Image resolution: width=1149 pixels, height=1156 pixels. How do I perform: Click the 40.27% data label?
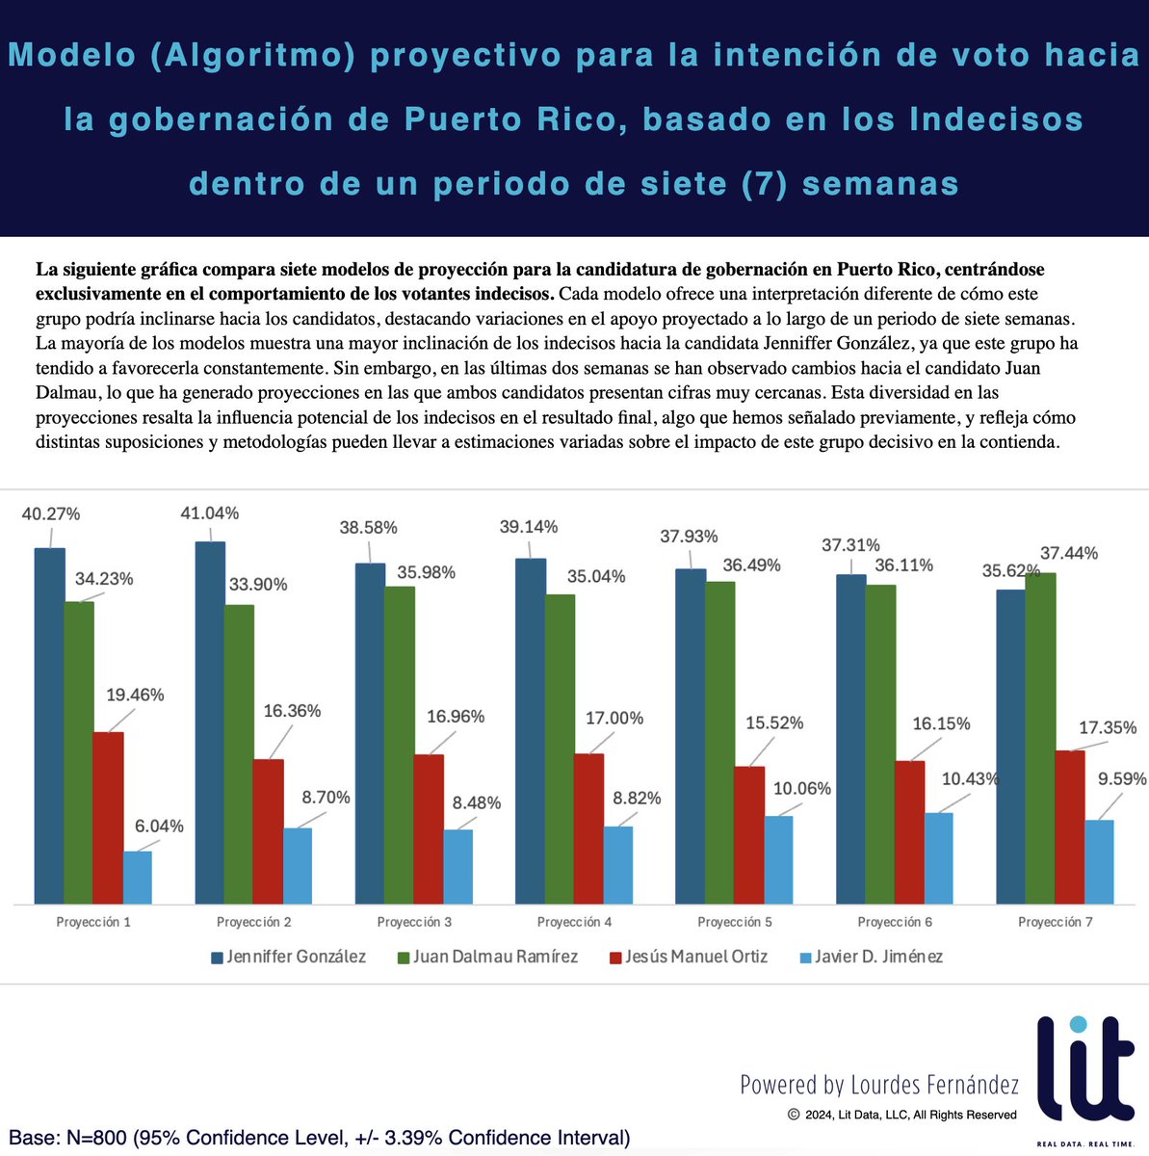(51, 513)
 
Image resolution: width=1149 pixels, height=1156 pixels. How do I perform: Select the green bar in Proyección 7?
(1040, 737)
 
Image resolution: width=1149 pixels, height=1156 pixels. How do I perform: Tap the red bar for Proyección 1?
(109, 817)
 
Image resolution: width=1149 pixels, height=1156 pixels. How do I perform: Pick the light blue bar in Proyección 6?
(939, 857)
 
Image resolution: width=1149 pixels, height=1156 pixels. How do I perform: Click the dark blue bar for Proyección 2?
(210, 722)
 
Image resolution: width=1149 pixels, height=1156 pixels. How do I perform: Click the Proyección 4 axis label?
(574, 922)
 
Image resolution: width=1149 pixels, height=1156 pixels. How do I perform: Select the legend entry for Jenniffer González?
(288, 957)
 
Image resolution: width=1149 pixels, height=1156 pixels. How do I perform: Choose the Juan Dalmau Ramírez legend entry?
(487, 957)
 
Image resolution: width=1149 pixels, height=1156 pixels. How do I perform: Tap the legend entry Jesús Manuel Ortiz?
(688, 957)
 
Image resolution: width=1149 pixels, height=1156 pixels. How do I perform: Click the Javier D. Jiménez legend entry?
(871, 957)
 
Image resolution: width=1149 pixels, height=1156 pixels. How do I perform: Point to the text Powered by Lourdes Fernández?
(878, 1085)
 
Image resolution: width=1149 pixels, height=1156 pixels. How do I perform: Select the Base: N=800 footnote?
(320, 1138)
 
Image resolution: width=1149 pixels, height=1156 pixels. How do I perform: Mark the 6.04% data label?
(160, 826)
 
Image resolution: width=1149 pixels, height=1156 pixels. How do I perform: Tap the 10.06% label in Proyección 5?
(800, 788)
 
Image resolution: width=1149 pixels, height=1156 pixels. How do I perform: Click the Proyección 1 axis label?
(93, 922)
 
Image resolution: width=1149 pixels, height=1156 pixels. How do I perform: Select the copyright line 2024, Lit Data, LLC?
(901, 1115)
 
